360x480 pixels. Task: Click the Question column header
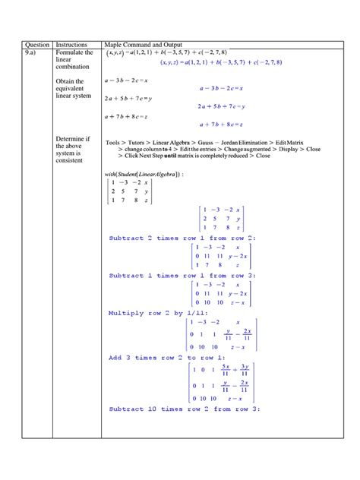click(x=36, y=45)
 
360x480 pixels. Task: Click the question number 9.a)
click(x=32, y=52)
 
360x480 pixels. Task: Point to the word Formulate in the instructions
click(x=71, y=52)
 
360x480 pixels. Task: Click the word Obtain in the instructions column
click(x=67, y=81)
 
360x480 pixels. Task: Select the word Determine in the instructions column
click(x=70, y=139)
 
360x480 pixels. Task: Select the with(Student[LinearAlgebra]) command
click(x=144, y=174)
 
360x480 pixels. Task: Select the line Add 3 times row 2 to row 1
click(x=162, y=357)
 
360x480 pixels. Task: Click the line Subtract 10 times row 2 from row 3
click(x=185, y=409)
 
